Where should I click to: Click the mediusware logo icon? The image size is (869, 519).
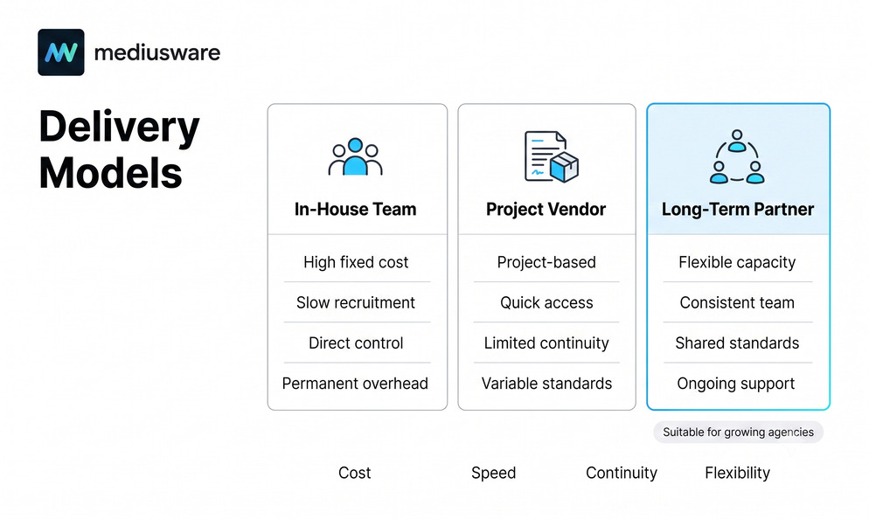click(61, 52)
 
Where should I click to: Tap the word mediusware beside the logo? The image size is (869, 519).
click(157, 52)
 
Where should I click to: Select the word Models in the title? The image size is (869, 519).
click(110, 173)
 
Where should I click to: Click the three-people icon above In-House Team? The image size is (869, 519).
click(355, 156)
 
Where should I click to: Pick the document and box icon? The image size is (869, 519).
click(552, 156)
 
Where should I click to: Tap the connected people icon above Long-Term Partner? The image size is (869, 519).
click(737, 156)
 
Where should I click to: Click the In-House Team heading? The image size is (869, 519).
click(355, 209)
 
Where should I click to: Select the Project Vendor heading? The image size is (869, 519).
click(546, 210)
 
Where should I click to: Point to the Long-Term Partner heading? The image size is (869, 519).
click(738, 210)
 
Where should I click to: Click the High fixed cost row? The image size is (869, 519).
click(356, 262)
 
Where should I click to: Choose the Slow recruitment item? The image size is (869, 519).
click(356, 302)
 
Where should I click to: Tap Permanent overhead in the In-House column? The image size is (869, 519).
click(355, 384)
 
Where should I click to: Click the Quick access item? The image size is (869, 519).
click(546, 302)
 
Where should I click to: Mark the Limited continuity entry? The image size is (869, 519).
click(546, 343)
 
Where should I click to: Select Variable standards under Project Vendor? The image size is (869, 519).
click(547, 384)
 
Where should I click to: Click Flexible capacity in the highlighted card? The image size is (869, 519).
click(737, 262)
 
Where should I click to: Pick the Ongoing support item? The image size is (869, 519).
click(736, 384)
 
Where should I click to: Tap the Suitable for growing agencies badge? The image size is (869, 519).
click(738, 432)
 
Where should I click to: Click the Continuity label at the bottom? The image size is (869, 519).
click(622, 473)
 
